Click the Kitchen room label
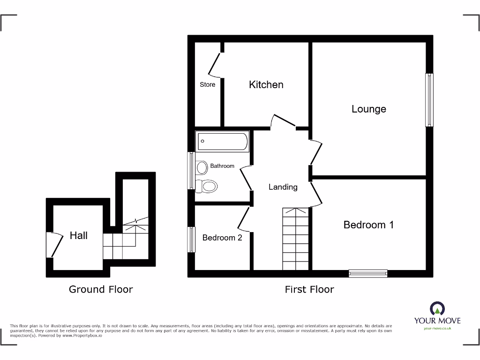click(x=266, y=85)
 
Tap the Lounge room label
click(x=369, y=109)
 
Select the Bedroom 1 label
click(x=368, y=225)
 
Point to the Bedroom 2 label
click(x=222, y=238)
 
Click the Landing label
click(x=283, y=187)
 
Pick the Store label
click(x=208, y=85)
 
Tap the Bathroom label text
click(x=222, y=166)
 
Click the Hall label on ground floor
click(x=79, y=235)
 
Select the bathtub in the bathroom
click(x=223, y=141)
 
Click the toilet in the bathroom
click(x=207, y=186)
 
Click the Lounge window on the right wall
click(x=429, y=99)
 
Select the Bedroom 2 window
click(x=191, y=240)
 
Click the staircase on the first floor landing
click(x=295, y=239)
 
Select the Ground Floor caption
click(x=101, y=289)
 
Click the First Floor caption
click(x=309, y=289)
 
